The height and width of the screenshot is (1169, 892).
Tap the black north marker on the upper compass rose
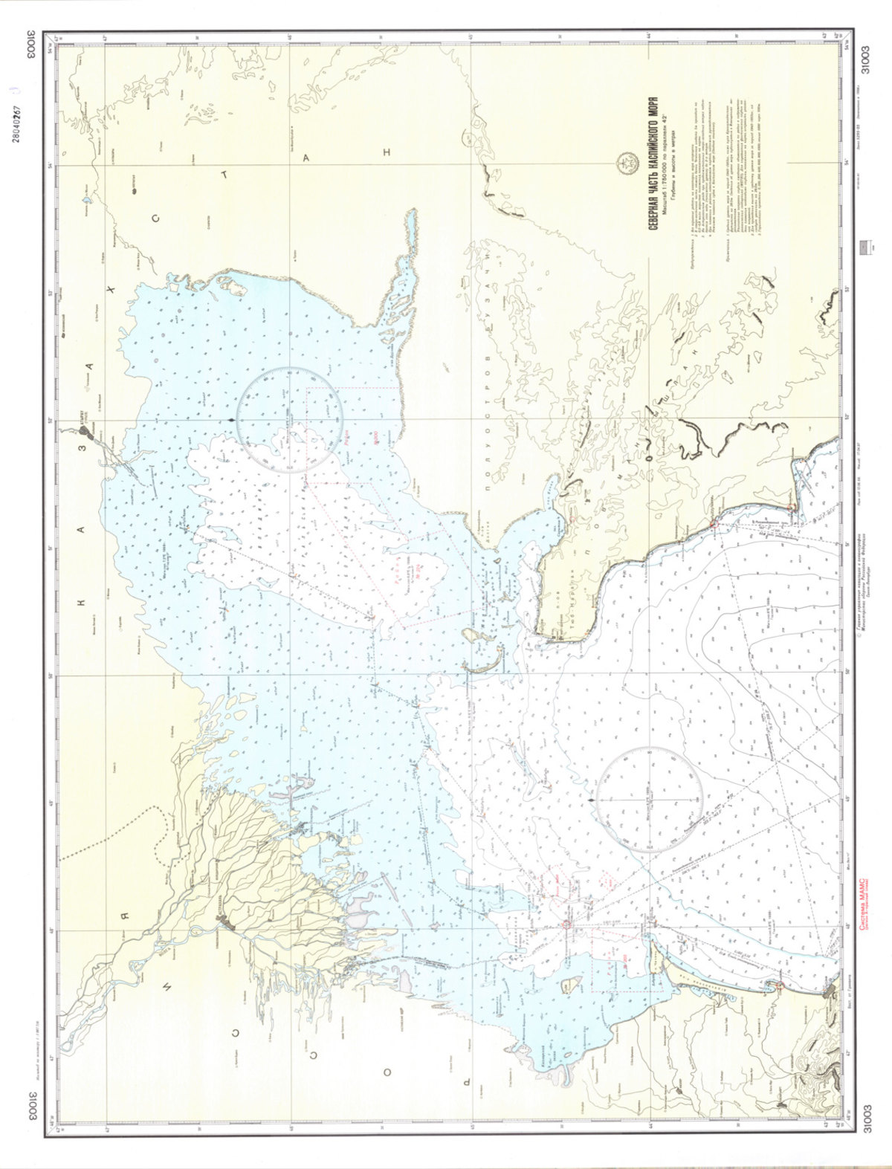click(236, 420)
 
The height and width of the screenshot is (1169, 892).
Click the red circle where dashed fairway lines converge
click(566, 925)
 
